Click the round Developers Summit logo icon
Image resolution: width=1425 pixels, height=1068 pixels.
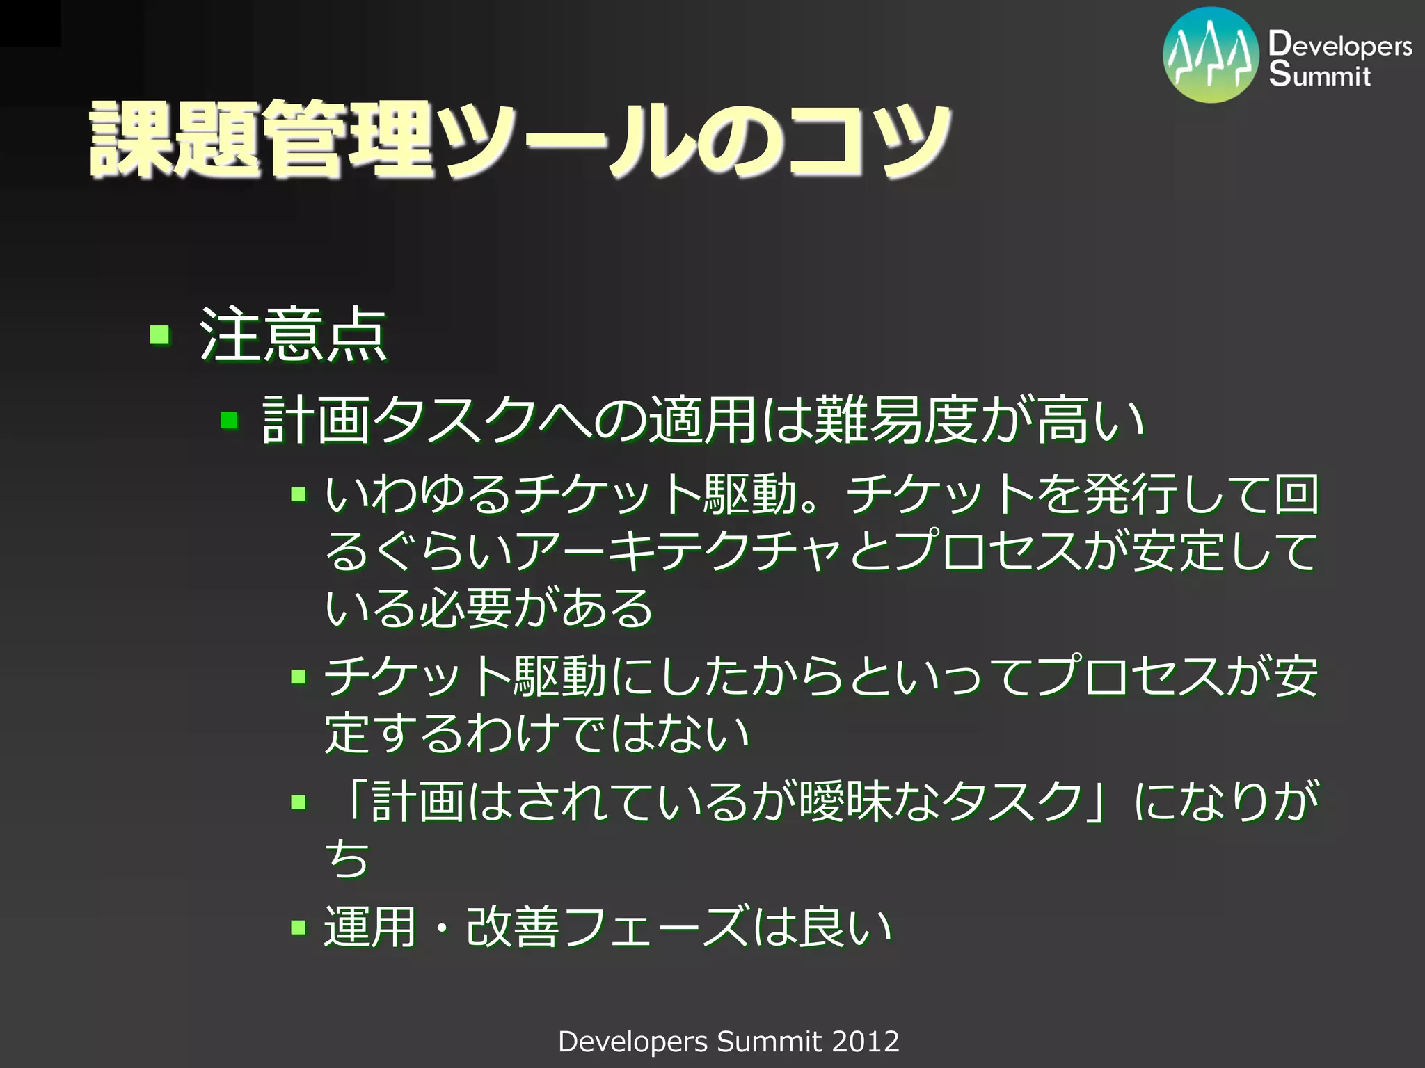click(1211, 56)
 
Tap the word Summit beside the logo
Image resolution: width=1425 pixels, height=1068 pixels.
click(1319, 74)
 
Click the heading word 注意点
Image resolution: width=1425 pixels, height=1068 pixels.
click(293, 335)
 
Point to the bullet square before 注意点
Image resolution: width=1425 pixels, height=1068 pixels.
click(160, 335)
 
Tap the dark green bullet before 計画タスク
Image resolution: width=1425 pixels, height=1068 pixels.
click(229, 421)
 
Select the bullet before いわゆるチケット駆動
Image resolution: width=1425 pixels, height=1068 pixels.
click(298, 494)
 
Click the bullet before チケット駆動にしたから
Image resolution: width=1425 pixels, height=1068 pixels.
click(298, 677)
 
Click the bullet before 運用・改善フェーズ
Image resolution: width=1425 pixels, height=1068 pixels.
click(298, 927)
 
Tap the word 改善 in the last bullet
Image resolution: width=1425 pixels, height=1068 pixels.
click(514, 927)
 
